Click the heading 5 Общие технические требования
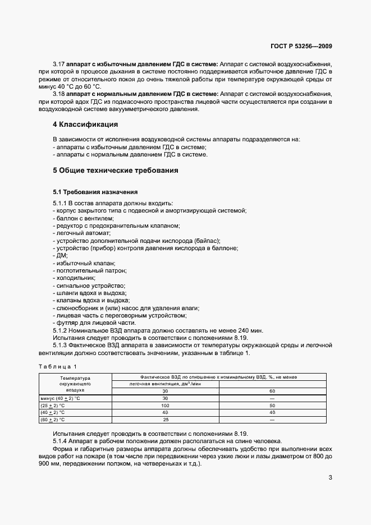point(115,171)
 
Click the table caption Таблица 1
point(57,366)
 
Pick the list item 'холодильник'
point(75,278)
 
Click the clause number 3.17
point(59,65)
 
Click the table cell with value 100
point(165,404)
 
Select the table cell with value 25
point(165,419)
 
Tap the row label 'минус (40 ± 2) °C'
point(61,398)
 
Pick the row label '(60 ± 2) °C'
point(53,419)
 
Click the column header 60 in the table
point(272,391)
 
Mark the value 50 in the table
point(272,404)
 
